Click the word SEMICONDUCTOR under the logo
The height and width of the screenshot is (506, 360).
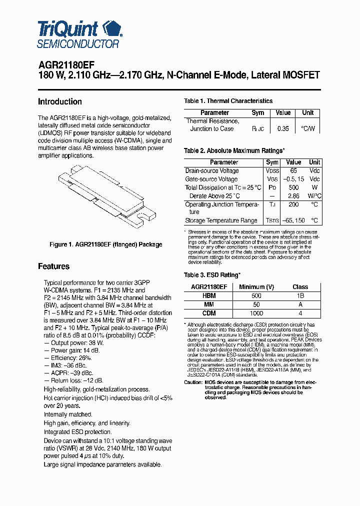coord(78,43)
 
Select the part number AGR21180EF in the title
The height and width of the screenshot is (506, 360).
coord(63,65)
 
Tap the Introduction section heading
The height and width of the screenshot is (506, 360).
coord(60,101)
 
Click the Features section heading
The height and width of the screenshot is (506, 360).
coord(53,266)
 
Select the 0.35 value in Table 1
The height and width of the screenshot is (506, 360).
coord(283,128)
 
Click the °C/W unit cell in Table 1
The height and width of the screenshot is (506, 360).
coord(308,128)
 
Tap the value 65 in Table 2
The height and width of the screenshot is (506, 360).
coord(293,170)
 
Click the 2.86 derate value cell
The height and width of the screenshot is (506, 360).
coord(293,196)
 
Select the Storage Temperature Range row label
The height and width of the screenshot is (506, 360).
coord(221,220)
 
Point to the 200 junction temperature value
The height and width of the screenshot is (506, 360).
coord(293,204)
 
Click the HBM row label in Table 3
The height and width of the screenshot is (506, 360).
coord(209,295)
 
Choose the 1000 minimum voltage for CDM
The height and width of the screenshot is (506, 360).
coord(256,313)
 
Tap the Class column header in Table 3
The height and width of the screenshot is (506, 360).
coord(300,287)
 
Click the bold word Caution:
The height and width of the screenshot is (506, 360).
coord(193,382)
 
